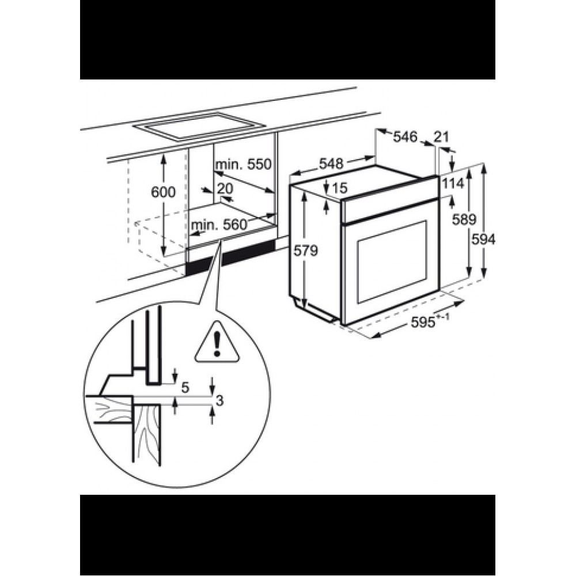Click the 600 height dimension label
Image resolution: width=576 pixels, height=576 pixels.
click(164, 192)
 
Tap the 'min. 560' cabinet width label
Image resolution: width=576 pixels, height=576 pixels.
click(219, 225)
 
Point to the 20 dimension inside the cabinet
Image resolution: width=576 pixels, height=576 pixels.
click(225, 188)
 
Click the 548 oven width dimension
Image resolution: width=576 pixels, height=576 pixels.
click(331, 164)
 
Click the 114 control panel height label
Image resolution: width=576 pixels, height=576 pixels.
click(453, 183)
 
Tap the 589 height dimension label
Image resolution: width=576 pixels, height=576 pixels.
click(464, 219)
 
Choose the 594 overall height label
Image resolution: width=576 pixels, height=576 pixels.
click(483, 240)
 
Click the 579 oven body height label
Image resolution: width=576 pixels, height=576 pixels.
click(306, 251)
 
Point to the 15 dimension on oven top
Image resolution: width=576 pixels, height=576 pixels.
click(340, 188)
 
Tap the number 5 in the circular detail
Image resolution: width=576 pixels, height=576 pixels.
click(185, 387)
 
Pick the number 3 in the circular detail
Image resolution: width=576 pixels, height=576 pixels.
click(219, 401)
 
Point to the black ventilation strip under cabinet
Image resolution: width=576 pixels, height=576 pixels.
click(230, 256)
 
